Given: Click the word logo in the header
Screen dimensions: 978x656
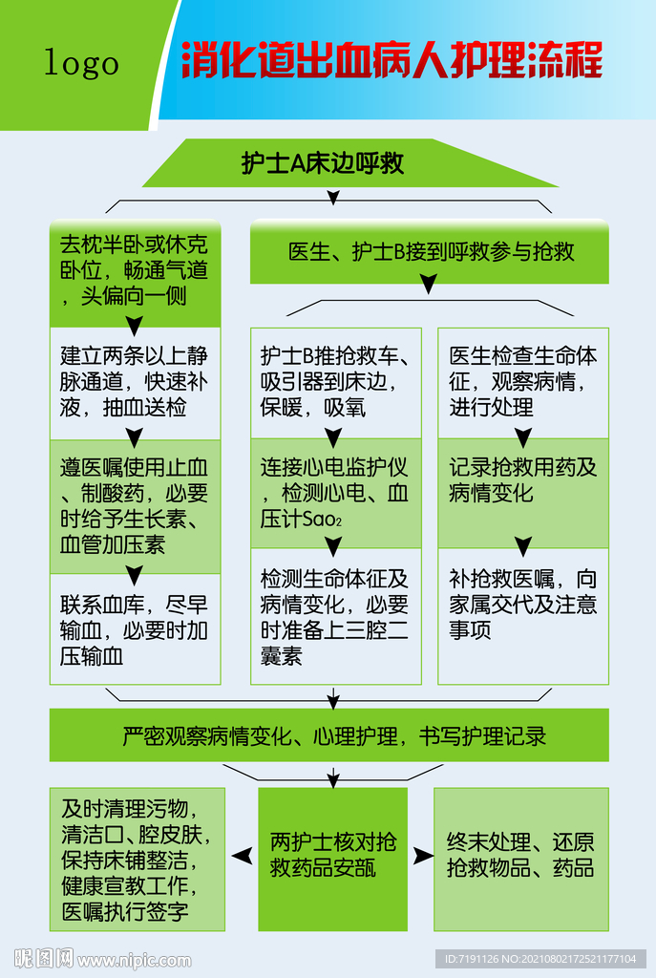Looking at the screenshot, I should pyautogui.click(x=82, y=63).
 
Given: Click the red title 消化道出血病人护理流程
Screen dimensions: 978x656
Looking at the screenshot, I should pyautogui.click(x=391, y=60).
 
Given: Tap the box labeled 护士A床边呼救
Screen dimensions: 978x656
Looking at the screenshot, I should pyautogui.click(x=323, y=163).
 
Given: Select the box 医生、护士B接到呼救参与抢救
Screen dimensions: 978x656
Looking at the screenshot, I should pyautogui.click(x=430, y=252).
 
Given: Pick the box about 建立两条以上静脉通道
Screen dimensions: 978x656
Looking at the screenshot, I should pyautogui.click(x=135, y=382).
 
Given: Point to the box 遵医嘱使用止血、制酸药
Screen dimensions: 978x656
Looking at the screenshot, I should pyautogui.click(x=135, y=506).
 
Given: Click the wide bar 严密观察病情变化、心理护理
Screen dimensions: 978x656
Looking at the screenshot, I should pyautogui.click(x=328, y=735).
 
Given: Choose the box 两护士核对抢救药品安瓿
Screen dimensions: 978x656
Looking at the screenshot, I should pyautogui.click(x=333, y=855).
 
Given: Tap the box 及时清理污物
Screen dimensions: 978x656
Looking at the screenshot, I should pyautogui.click(x=137, y=860).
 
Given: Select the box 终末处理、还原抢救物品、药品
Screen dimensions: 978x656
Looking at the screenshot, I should pyautogui.click(x=520, y=855).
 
